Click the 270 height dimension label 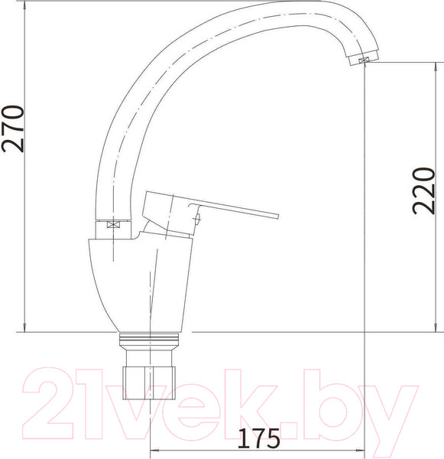[x=12, y=129]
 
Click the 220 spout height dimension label [x=423, y=190]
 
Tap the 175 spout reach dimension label [x=259, y=438]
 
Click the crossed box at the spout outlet [x=363, y=60]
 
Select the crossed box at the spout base [x=114, y=225]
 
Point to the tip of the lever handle [x=278, y=216]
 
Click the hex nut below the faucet [x=149, y=382]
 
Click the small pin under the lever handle [x=197, y=219]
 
